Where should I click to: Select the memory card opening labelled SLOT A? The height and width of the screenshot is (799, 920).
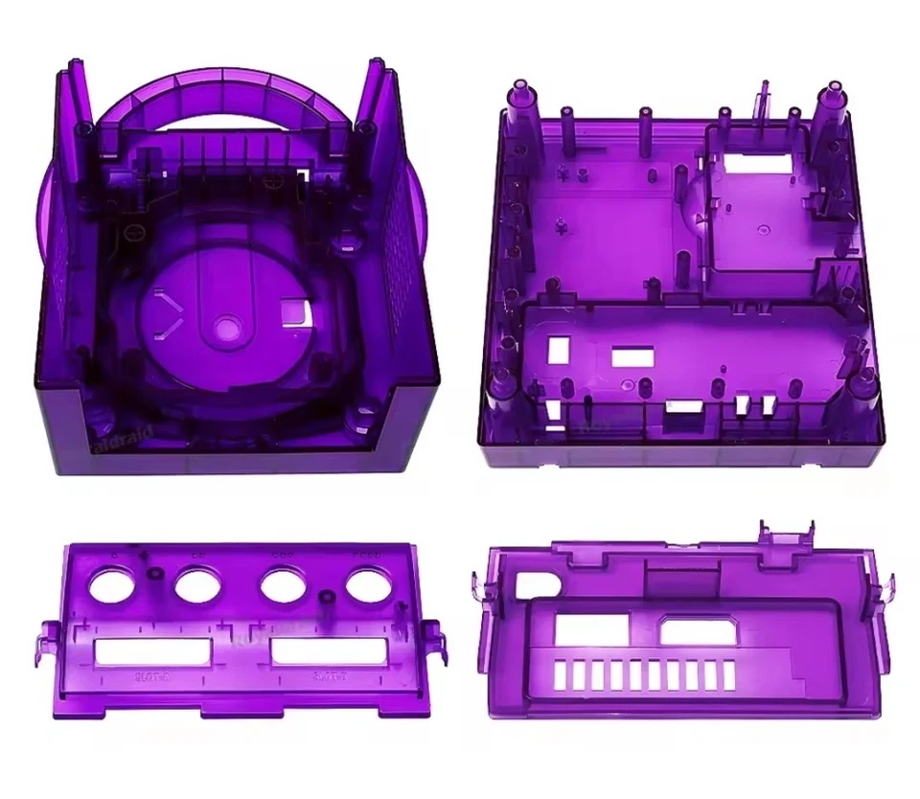coord(151,652)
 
